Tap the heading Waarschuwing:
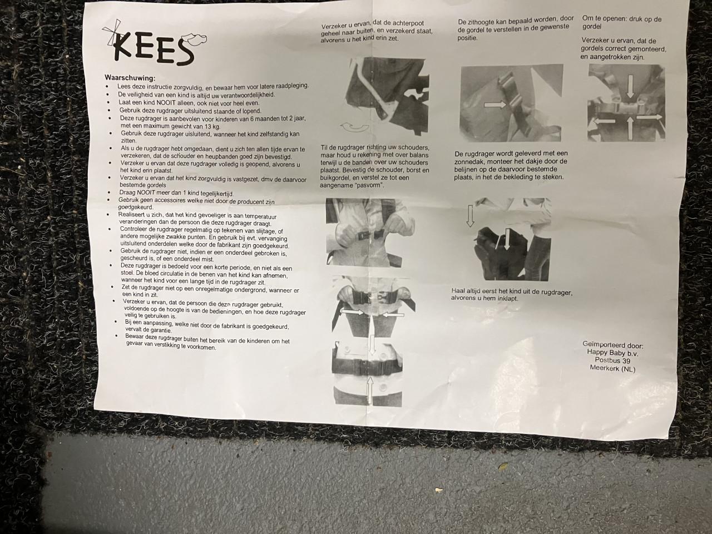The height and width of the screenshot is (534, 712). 130,78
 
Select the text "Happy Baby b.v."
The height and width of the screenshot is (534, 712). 611,352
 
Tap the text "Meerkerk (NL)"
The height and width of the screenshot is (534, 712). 612,369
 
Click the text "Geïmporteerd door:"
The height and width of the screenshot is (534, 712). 612,344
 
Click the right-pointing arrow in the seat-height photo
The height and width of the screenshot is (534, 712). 495,103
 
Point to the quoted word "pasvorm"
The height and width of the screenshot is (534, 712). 371,185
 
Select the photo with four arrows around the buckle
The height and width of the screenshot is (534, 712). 626,103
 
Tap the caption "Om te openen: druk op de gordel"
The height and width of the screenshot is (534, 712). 621,22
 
